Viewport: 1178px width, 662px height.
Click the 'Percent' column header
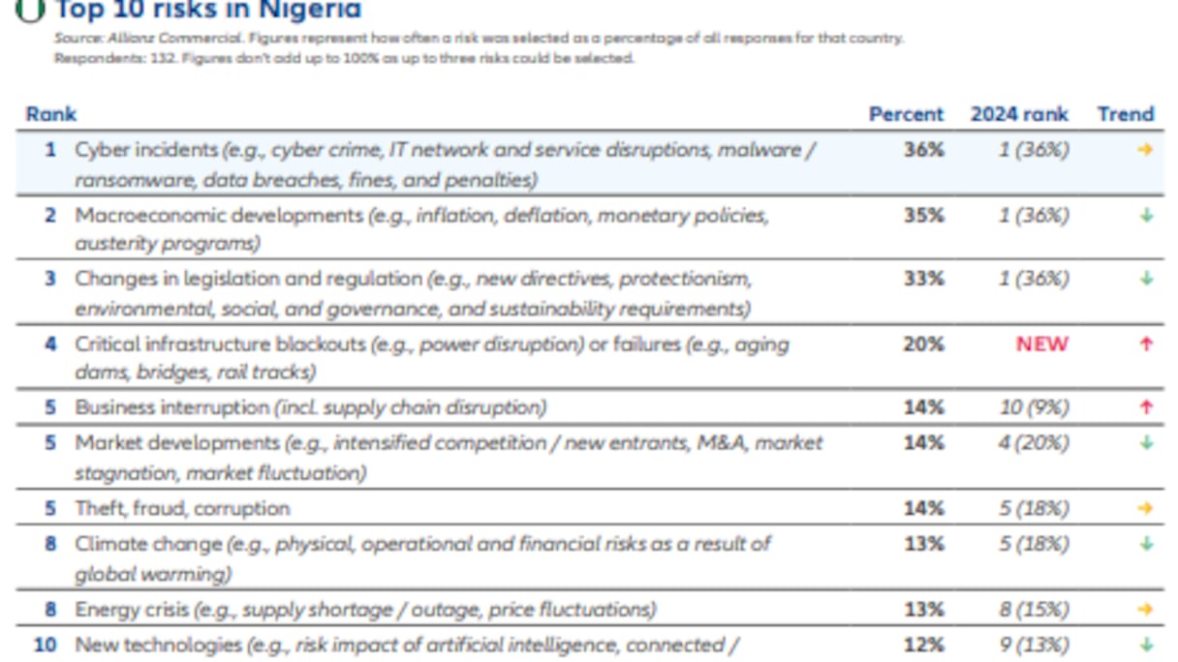point(906,114)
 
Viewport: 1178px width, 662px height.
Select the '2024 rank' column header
point(1019,114)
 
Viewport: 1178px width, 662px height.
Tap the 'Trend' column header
point(1126,114)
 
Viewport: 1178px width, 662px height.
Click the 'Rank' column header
point(50,114)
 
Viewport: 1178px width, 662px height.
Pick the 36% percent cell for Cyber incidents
point(923,150)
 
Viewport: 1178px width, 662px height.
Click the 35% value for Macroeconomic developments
point(923,215)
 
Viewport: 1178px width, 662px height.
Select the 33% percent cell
point(923,279)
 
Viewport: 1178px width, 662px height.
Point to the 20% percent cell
point(923,344)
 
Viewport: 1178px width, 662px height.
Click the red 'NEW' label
point(1042,344)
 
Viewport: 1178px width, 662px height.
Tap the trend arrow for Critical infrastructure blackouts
point(1146,344)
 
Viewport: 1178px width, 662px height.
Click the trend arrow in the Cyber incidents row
point(1146,150)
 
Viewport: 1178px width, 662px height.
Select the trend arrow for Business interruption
point(1146,407)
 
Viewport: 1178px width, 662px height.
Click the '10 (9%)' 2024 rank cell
point(1035,407)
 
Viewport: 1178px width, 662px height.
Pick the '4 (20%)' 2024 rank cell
point(1035,442)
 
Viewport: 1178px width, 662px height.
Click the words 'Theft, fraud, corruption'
point(182,508)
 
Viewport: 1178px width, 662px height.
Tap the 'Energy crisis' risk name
point(132,610)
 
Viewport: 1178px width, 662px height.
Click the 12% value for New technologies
point(923,645)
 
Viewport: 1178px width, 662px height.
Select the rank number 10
point(45,645)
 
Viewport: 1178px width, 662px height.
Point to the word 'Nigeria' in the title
point(311,11)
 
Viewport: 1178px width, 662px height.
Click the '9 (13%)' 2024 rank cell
point(1035,645)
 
